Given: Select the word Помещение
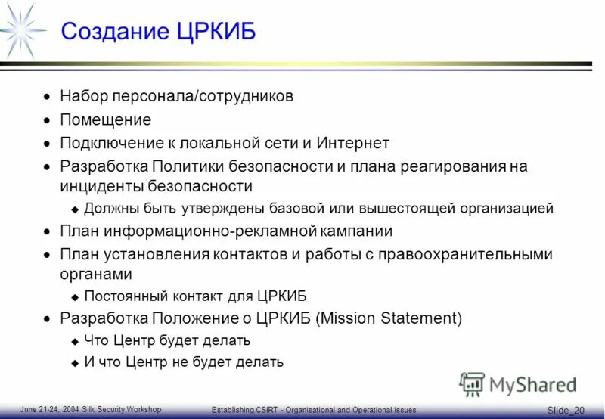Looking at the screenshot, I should (x=106, y=119).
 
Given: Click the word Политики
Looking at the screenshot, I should (x=185, y=166).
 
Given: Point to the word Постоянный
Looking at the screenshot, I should (x=122, y=296).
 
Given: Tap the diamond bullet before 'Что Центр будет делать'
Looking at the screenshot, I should (x=74, y=341).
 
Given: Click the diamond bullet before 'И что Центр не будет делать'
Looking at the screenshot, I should (x=74, y=363).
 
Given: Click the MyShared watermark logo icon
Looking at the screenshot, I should (x=473, y=383).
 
